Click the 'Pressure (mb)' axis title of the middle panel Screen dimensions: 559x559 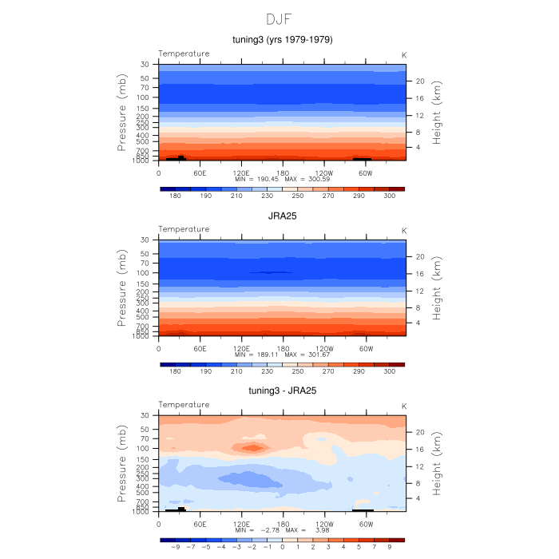(123, 287)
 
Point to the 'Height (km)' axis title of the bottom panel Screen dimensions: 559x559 (438, 463)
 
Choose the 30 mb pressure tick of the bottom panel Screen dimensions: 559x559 (145, 415)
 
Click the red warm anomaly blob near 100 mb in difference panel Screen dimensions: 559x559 (252, 447)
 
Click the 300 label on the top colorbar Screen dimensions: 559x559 (389, 196)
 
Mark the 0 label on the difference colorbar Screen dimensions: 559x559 (282, 548)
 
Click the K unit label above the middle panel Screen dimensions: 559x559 (403, 229)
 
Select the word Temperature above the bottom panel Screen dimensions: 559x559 (184, 405)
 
